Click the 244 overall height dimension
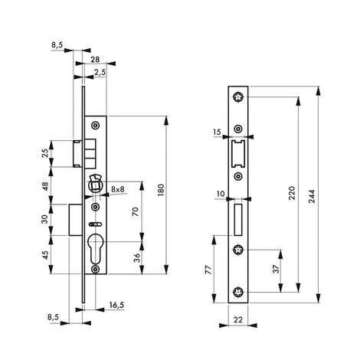click(312, 196)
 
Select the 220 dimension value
click(292, 193)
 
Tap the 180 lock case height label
click(161, 190)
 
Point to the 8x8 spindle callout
click(118, 189)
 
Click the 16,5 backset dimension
click(116, 305)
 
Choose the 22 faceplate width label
click(238, 319)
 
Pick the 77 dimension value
click(208, 270)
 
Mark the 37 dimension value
click(276, 269)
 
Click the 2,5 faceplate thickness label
click(100, 73)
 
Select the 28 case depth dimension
click(95, 60)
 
